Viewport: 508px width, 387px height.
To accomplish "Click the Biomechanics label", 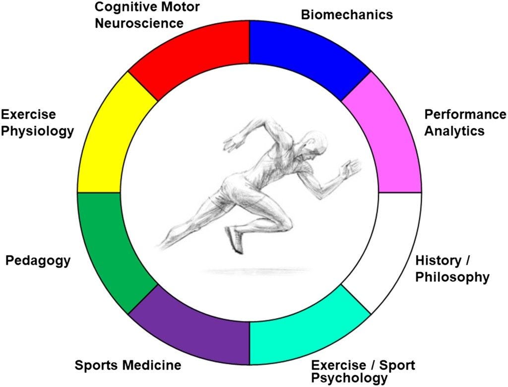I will (x=347, y=15).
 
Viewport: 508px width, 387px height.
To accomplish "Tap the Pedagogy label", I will (x=38, y=260).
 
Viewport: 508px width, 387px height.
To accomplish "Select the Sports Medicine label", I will (x=127, y=366).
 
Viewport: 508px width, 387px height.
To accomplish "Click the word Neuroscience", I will (x=139, y=23).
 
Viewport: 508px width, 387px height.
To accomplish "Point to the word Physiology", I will (x=38, y=131).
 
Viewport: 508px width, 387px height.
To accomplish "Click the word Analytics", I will (x=454, y=131).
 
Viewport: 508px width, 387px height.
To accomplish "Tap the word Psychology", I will (x=349, y=378).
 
